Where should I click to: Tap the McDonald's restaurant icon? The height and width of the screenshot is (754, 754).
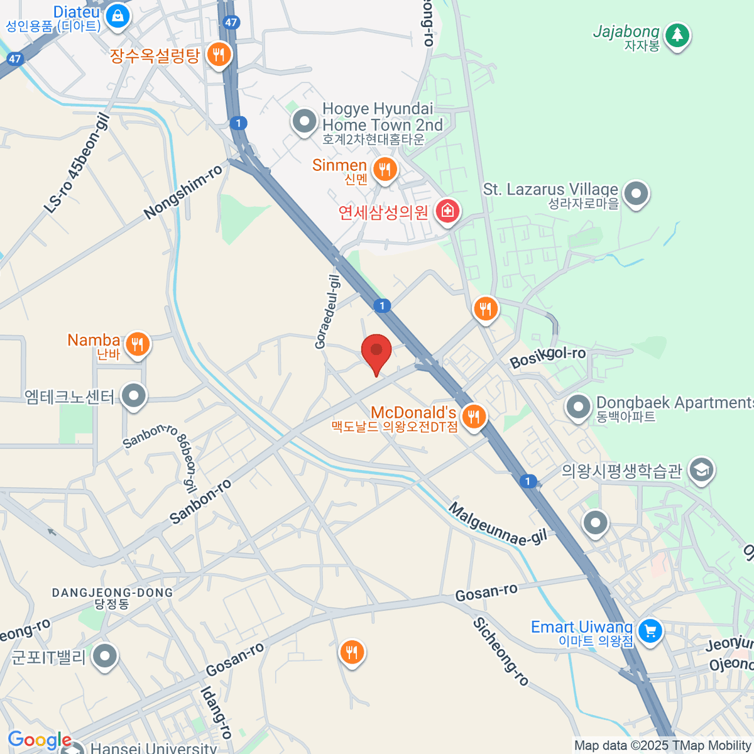point(474,416)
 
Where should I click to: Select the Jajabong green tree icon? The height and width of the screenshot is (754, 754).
point(677,35)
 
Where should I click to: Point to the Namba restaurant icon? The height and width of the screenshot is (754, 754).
point(137,344)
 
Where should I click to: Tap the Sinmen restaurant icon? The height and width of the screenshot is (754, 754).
point(385,169)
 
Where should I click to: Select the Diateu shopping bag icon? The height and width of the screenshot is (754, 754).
point(117,16)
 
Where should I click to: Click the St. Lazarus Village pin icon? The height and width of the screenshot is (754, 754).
point(637,194)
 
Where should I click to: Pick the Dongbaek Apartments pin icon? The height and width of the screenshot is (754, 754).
point(577,407)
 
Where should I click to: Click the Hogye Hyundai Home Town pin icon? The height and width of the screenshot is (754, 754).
point(305,121)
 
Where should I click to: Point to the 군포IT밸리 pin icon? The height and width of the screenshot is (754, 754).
point(105,657)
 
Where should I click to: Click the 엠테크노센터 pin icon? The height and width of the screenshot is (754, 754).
point(133,396)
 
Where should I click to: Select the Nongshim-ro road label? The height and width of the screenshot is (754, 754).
point(183,192)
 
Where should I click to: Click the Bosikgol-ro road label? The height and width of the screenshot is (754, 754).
point(547,357)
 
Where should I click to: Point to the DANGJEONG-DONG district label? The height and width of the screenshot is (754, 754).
point(112,593)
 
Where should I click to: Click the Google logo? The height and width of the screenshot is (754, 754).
point(39,740)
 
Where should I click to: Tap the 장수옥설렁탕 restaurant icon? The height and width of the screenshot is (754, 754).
point(218,55)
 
